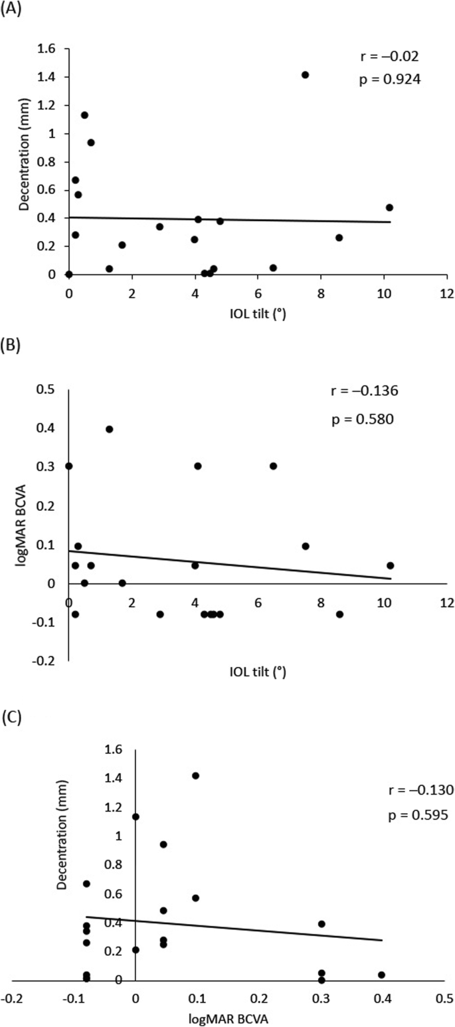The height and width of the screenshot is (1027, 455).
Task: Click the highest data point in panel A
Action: tap(305, 74)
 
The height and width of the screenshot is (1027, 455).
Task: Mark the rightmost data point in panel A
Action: tap(389, 207)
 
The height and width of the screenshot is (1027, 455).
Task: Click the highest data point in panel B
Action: tap(110, 429)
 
